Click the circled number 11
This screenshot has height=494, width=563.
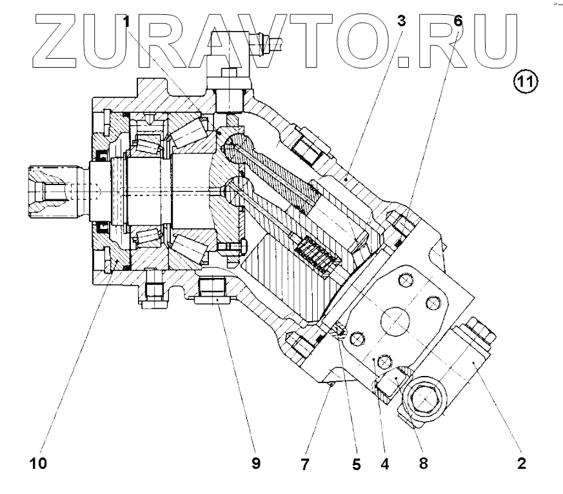(526, 81)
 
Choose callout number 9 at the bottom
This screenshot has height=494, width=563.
(256, 463)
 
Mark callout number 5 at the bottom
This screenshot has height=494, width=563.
(356, 463)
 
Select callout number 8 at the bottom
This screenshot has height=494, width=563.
(424, 463)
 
